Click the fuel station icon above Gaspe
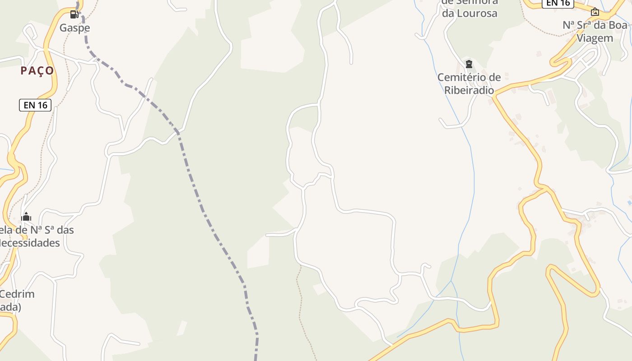point(74,14)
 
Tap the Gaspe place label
point(75,28)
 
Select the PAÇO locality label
point(37,70)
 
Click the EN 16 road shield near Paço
point(35,105)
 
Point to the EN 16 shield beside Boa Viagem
point(558,3)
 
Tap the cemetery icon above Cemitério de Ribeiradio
point(469,64)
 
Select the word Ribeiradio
point(469,90)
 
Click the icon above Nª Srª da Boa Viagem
point(595,12)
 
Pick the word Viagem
point(595,38)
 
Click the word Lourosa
point(469,13)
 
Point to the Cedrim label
point(17,294)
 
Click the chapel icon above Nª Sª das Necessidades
point(26,217)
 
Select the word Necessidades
point(30,243)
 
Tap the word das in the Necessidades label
point(63,230)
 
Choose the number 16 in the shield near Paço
point(42,105)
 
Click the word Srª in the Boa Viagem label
point(586,25)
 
